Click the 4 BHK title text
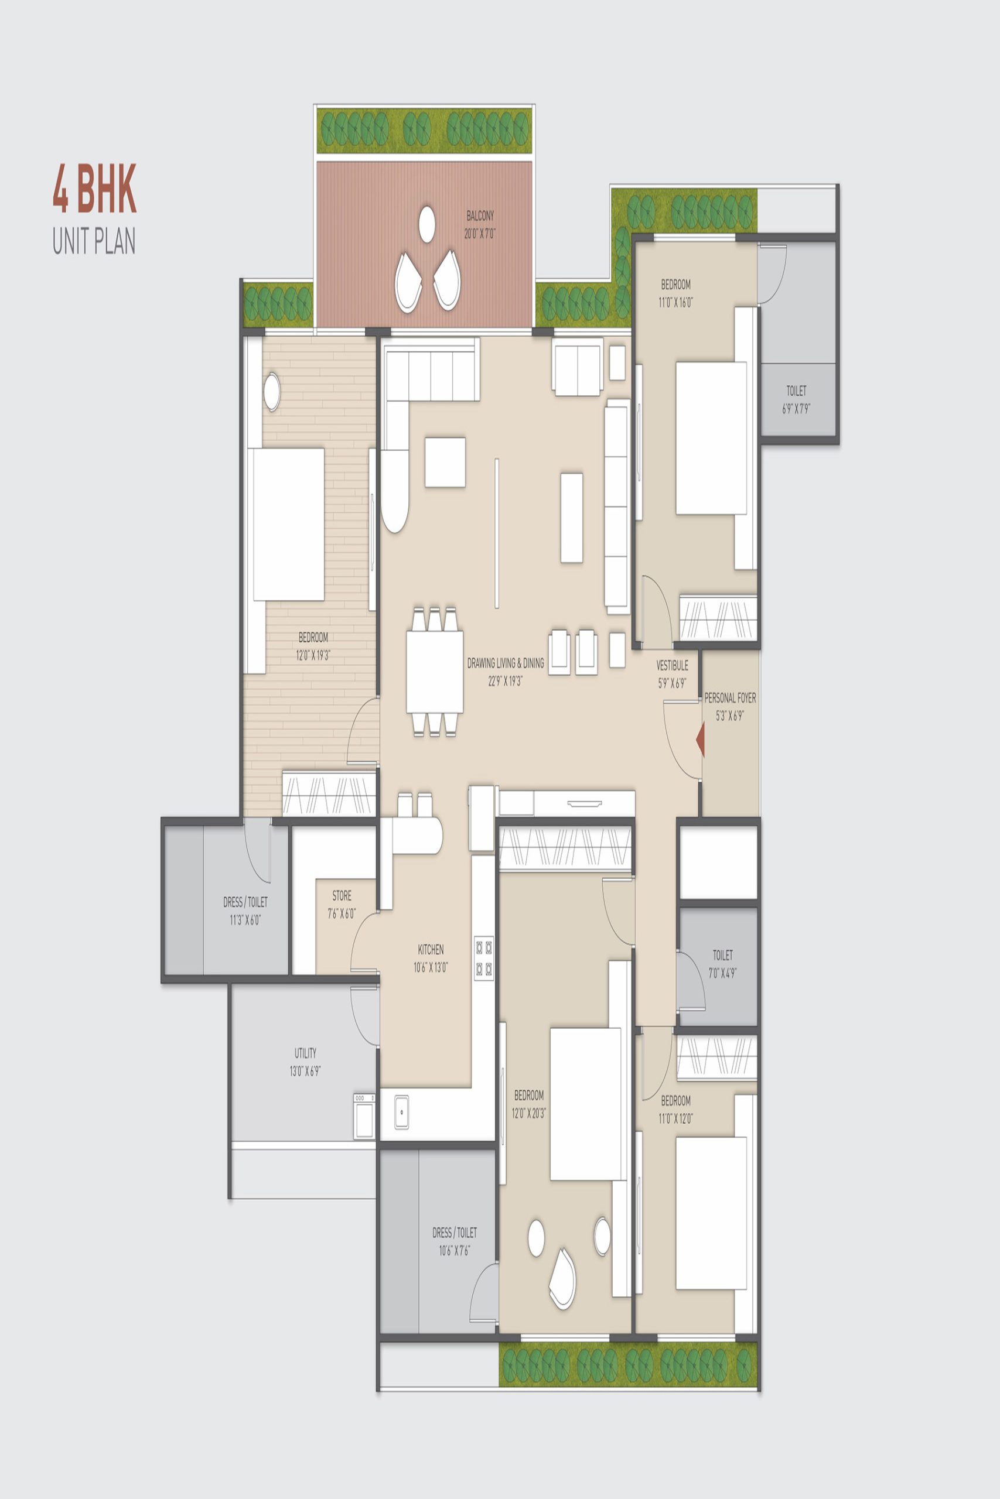[94, 189]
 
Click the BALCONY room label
[480, 216]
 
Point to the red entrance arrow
[700, 740]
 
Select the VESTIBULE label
[672, 665]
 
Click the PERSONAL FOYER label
[731, 698]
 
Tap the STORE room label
[342, 895]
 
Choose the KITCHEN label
[431, 949]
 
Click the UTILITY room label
[305, 1053]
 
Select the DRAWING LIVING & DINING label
[506, 663]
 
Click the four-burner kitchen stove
[483, 958]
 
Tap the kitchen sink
[402, 1111]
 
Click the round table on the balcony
[427, 225]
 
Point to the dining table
[435, 672]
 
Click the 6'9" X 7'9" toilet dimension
[796, 409]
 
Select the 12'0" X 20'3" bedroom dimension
[528, 1113]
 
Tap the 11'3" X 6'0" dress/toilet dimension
[245, 920]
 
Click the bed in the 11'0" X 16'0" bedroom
[711, 439]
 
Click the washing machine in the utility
[365, 1115]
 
